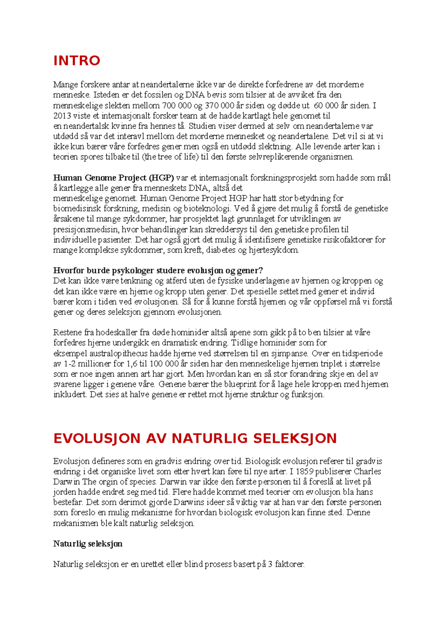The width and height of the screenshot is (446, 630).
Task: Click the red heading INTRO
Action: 77,61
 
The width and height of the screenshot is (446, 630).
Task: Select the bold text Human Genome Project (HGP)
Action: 113,178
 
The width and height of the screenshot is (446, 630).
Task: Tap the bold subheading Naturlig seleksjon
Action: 88,544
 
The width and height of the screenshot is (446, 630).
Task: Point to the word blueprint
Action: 239,384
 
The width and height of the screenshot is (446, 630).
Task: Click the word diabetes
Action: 221,250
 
